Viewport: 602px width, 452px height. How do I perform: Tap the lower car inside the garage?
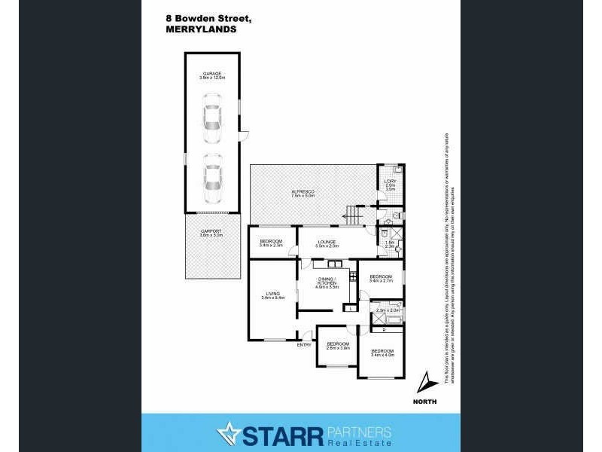[x=212, y=175]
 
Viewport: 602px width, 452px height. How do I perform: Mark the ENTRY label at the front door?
[x=304, y=344]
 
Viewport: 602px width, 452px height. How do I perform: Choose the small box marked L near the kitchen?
[x=351, y=307]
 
